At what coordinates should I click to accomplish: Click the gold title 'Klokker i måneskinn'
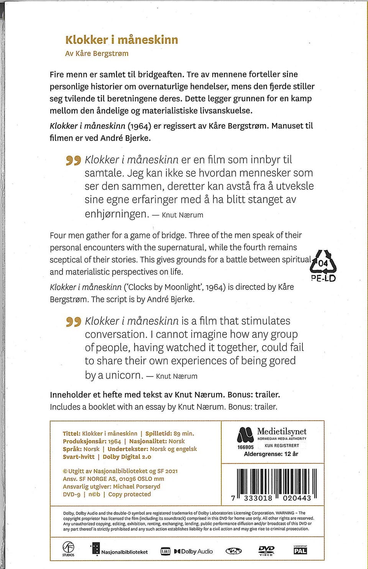(122, 40)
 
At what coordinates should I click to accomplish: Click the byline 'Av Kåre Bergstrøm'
(97, 54)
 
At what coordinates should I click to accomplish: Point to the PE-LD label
(323, 278)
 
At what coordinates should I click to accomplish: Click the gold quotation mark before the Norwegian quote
(73, 160)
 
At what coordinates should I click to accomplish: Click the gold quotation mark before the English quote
(73, 321)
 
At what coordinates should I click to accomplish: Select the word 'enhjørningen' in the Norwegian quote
(117, 214)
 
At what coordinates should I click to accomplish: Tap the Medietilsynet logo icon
(245, 435)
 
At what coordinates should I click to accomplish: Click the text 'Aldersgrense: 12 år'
(271, 454)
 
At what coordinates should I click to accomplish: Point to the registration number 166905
(245, 447)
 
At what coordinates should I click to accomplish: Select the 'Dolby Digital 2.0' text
(127, 457)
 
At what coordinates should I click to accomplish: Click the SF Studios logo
(69, 549)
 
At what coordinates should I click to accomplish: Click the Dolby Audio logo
(193, 551)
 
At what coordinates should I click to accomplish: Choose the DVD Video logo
(266, 551)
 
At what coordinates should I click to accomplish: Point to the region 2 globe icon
(233, 551)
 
